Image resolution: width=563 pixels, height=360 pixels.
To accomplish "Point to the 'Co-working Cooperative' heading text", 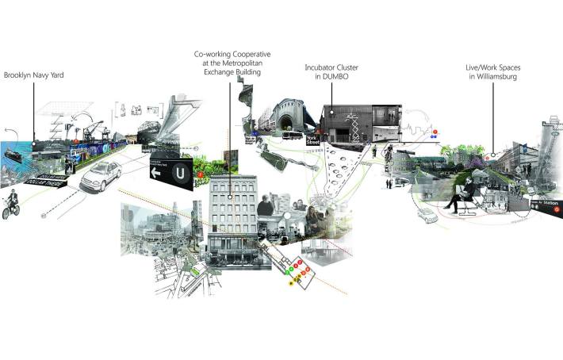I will coord(231,54).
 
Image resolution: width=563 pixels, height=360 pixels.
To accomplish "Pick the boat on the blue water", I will coord(14,154).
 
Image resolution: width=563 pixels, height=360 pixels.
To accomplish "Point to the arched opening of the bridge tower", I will coord(285,122).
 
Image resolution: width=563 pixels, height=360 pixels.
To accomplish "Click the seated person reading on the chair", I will coord(462,193).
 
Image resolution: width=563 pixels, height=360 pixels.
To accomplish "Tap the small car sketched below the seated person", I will coord(428,215).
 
